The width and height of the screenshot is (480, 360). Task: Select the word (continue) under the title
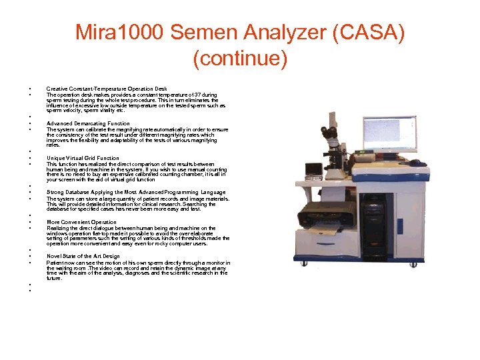tap(240, 59)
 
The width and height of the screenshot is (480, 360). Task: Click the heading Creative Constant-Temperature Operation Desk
tap(107, 89)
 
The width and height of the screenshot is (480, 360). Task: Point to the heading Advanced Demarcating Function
tap(88, 123)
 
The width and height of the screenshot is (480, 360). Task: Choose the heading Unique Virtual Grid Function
tap(83, 158)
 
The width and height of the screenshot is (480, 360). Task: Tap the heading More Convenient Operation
tap(81, 222)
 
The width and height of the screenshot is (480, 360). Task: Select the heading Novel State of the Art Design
tap(83, 256)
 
